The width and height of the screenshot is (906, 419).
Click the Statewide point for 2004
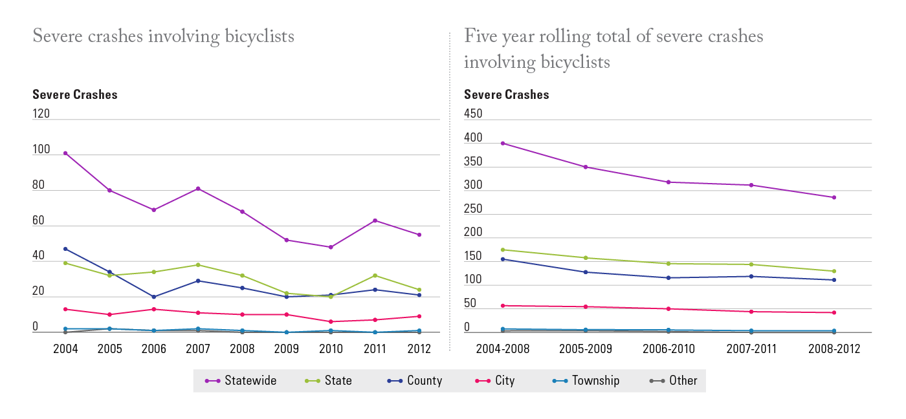65,153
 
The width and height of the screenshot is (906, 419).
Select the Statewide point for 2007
198,189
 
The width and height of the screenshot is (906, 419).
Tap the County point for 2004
65,249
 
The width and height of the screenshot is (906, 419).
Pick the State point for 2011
375,275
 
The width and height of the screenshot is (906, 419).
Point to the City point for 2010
331,321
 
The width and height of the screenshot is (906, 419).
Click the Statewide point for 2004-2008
503,144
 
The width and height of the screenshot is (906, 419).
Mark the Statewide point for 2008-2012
834,197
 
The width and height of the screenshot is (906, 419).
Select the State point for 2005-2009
586,258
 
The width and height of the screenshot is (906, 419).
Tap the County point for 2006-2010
668,277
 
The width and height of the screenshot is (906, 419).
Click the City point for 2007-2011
751,312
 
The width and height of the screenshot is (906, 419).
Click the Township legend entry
586,381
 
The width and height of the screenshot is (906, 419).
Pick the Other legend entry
674,381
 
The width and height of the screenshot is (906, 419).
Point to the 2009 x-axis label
286,349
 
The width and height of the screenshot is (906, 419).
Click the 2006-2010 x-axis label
668,349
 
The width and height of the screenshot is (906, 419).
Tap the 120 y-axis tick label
41,114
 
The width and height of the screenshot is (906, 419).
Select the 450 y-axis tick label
473,114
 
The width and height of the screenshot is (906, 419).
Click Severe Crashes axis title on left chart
75,94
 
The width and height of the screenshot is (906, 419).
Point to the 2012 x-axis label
419,349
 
